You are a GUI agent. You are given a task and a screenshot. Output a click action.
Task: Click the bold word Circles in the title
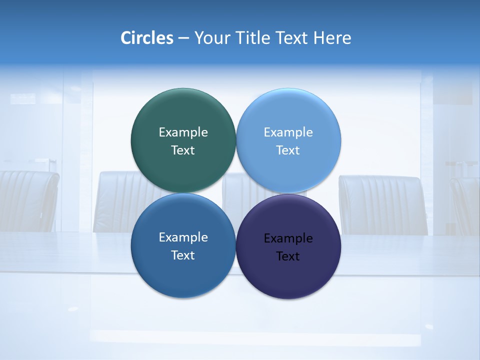(x=147, y=37)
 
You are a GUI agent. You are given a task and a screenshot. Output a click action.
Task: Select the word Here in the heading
(x=332, y=37)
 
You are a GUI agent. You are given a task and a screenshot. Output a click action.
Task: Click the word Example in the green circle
(x=183, y=132)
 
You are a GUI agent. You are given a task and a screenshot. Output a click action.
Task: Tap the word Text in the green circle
(x=183, y=150)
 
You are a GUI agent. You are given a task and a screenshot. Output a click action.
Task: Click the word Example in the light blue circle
(x=288, y=132)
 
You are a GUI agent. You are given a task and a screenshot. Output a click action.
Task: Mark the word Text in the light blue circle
(x=288, y=150)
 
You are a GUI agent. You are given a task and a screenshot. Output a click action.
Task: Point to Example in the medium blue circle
(x=183, y=237)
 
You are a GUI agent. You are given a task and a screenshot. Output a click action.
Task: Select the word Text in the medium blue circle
(x=183, y=255)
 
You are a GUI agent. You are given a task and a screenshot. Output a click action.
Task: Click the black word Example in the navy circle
(x=288, y=238)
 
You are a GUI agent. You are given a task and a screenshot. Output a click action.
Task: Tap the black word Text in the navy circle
(x=288, y=256)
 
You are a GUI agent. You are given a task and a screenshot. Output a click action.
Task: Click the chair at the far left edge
(x=27, y=200)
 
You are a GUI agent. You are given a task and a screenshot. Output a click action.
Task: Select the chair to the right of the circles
(x=382, y=205)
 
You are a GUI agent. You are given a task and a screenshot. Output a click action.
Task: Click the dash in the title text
(x=183, y=38)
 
